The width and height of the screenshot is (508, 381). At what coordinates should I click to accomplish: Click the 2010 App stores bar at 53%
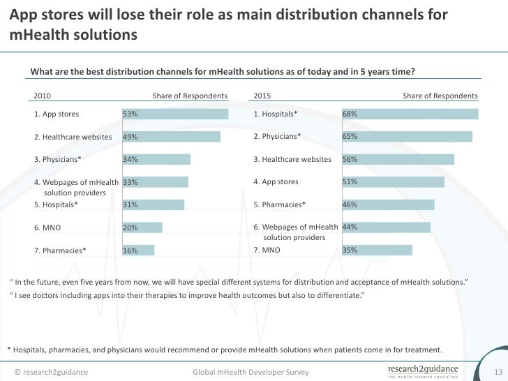tap(175, 114)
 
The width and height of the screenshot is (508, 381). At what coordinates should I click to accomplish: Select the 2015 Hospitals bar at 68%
tap(410, 114)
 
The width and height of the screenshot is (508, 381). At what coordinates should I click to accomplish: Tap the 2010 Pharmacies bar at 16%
tap(138, 250)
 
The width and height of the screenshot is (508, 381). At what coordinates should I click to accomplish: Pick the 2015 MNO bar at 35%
tap(378, 250)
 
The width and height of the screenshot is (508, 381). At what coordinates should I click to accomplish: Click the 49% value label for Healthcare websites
tap(130, 137)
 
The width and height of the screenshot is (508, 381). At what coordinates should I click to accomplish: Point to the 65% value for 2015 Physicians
tap(350, 137)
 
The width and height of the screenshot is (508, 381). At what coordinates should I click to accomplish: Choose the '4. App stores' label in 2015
tap(276, 182)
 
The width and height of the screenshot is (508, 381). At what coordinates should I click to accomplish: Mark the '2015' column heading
tap(262, 96)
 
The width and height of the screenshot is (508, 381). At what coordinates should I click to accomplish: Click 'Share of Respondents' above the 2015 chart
tap(440, 96)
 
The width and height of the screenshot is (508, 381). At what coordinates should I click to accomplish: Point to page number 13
tap(498, 372)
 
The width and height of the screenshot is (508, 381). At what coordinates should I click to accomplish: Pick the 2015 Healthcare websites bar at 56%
tap(398, 160)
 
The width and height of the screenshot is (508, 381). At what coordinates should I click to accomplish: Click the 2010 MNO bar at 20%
tap(142, 227)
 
